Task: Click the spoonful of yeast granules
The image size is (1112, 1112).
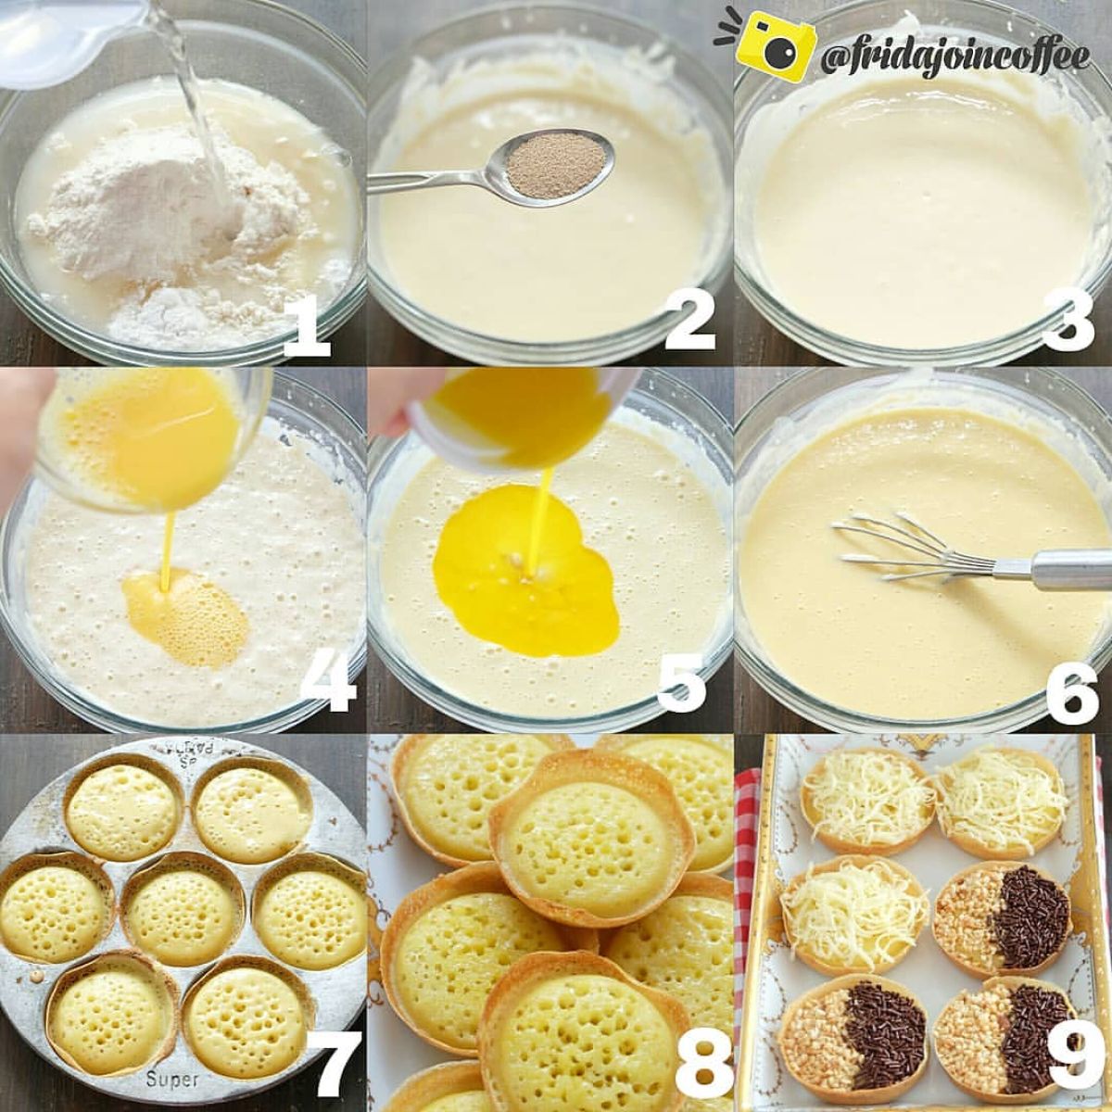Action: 557,163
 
